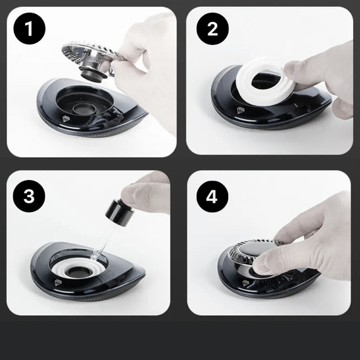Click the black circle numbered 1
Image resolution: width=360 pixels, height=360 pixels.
click(30, 28)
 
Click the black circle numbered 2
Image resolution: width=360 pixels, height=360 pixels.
click(212, 28)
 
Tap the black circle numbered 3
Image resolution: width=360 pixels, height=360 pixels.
click(29, 196)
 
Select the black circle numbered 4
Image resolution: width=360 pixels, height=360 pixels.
click(212, 196)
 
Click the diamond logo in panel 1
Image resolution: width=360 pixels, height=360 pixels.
click(66, 119)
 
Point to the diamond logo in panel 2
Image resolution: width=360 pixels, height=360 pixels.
click(241, 110)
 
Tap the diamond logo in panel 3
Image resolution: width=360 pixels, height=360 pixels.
click(58, 282)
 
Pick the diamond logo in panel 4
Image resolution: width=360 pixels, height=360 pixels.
click(246, 283)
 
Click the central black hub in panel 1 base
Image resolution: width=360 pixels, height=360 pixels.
click(84, 109)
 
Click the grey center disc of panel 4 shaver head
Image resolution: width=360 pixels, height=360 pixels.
click(258, 248)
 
